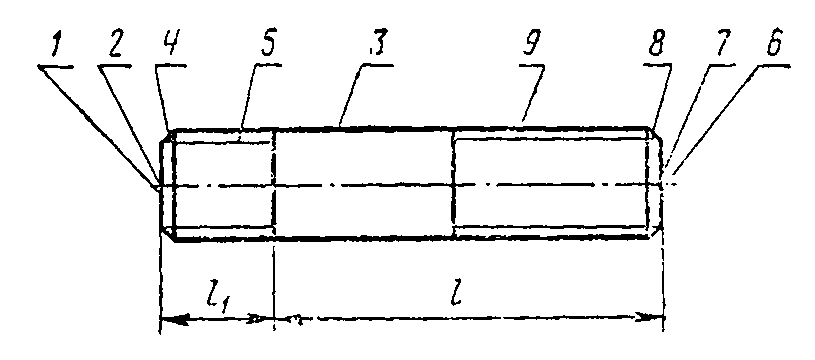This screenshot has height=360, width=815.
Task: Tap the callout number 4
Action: coord(169,47)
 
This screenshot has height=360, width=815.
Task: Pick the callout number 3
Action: coord(378,47)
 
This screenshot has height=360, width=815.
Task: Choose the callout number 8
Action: coord(656,47)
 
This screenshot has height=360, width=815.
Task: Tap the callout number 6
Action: coord(775,47)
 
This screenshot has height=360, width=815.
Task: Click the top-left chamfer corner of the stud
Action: coord(173,130)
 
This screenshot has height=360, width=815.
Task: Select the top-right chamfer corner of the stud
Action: coord(650,127)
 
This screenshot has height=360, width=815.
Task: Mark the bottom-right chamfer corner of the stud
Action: coord(650,237)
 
